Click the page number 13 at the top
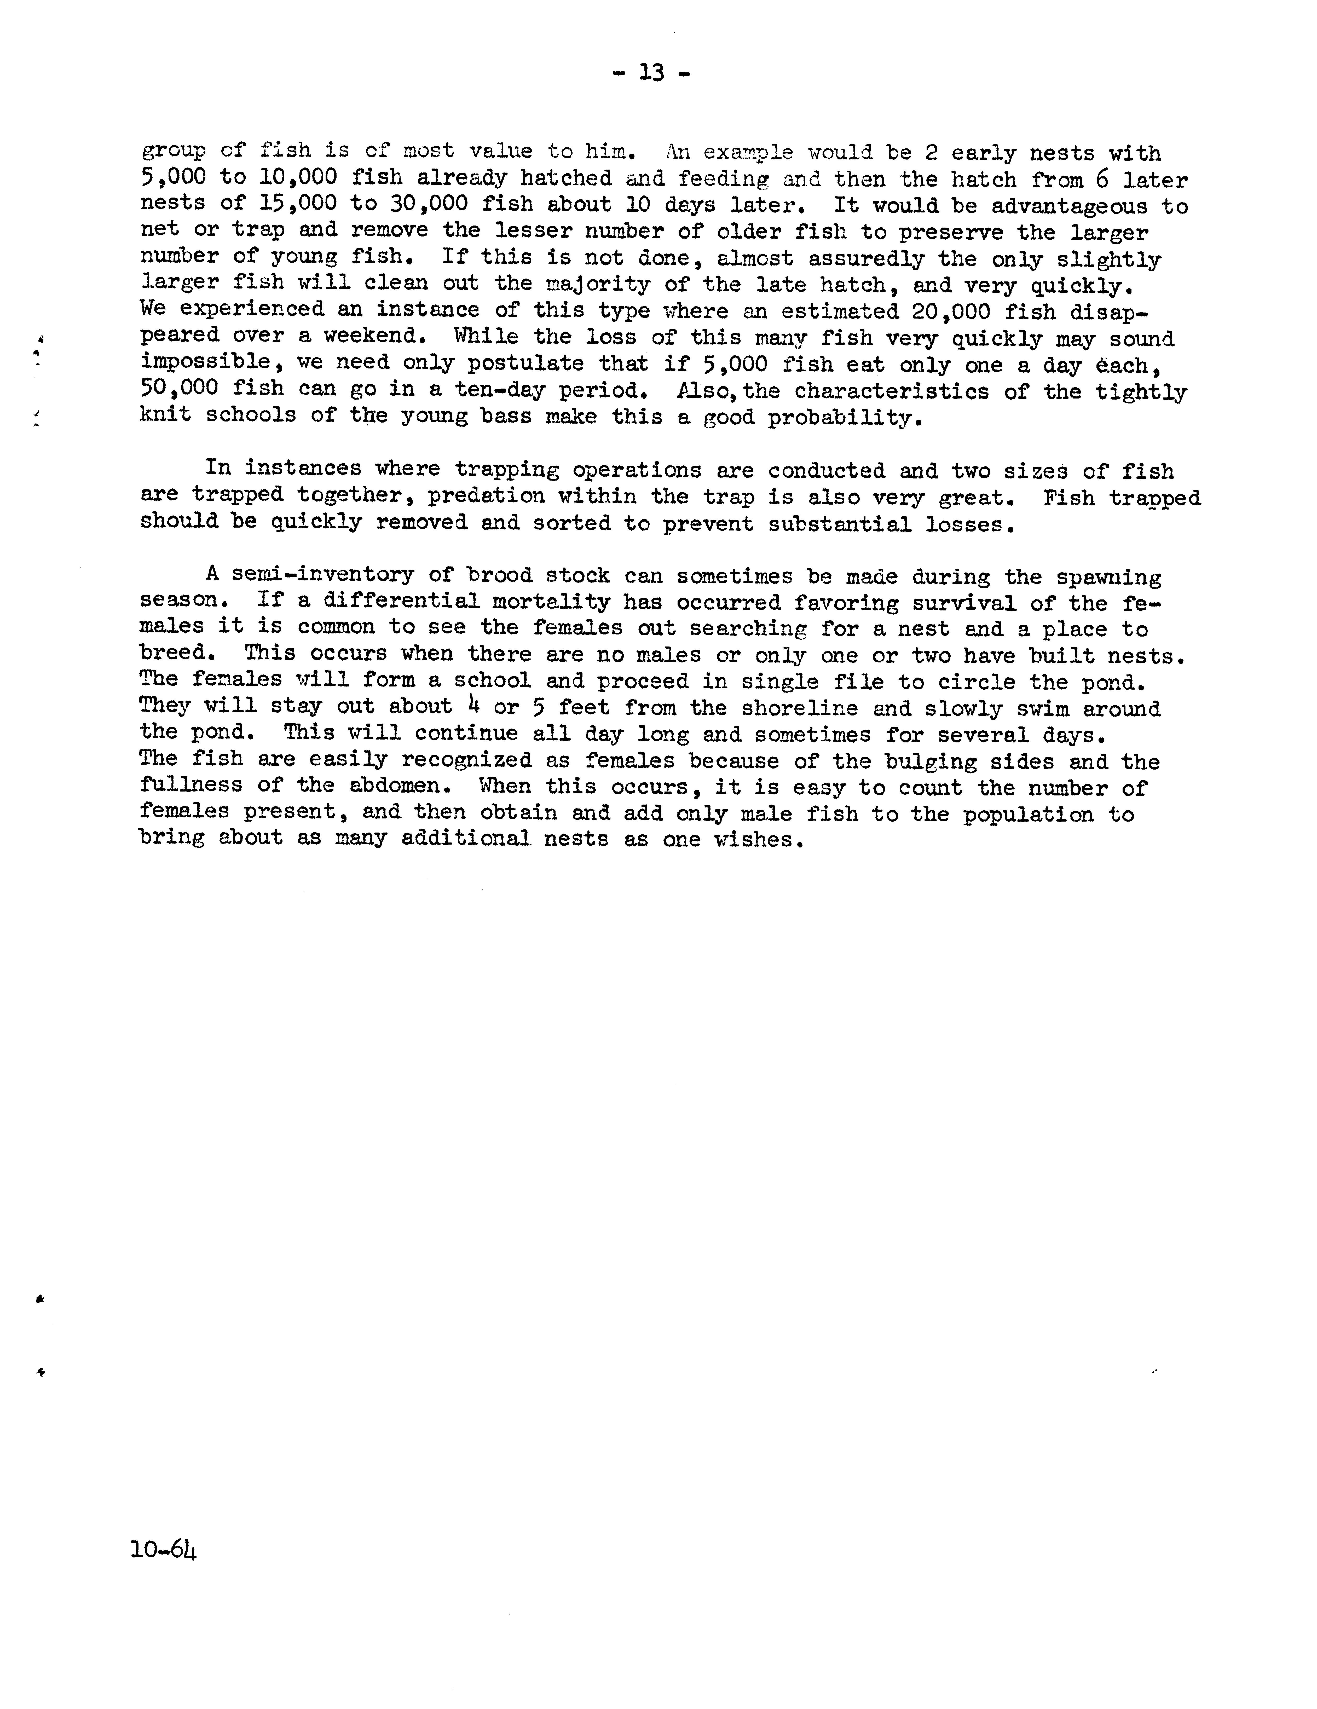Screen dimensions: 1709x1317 pyautogui.click(x=651, y=73)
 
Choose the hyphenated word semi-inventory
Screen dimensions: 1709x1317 pyautogui.click(x=322, y=575)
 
